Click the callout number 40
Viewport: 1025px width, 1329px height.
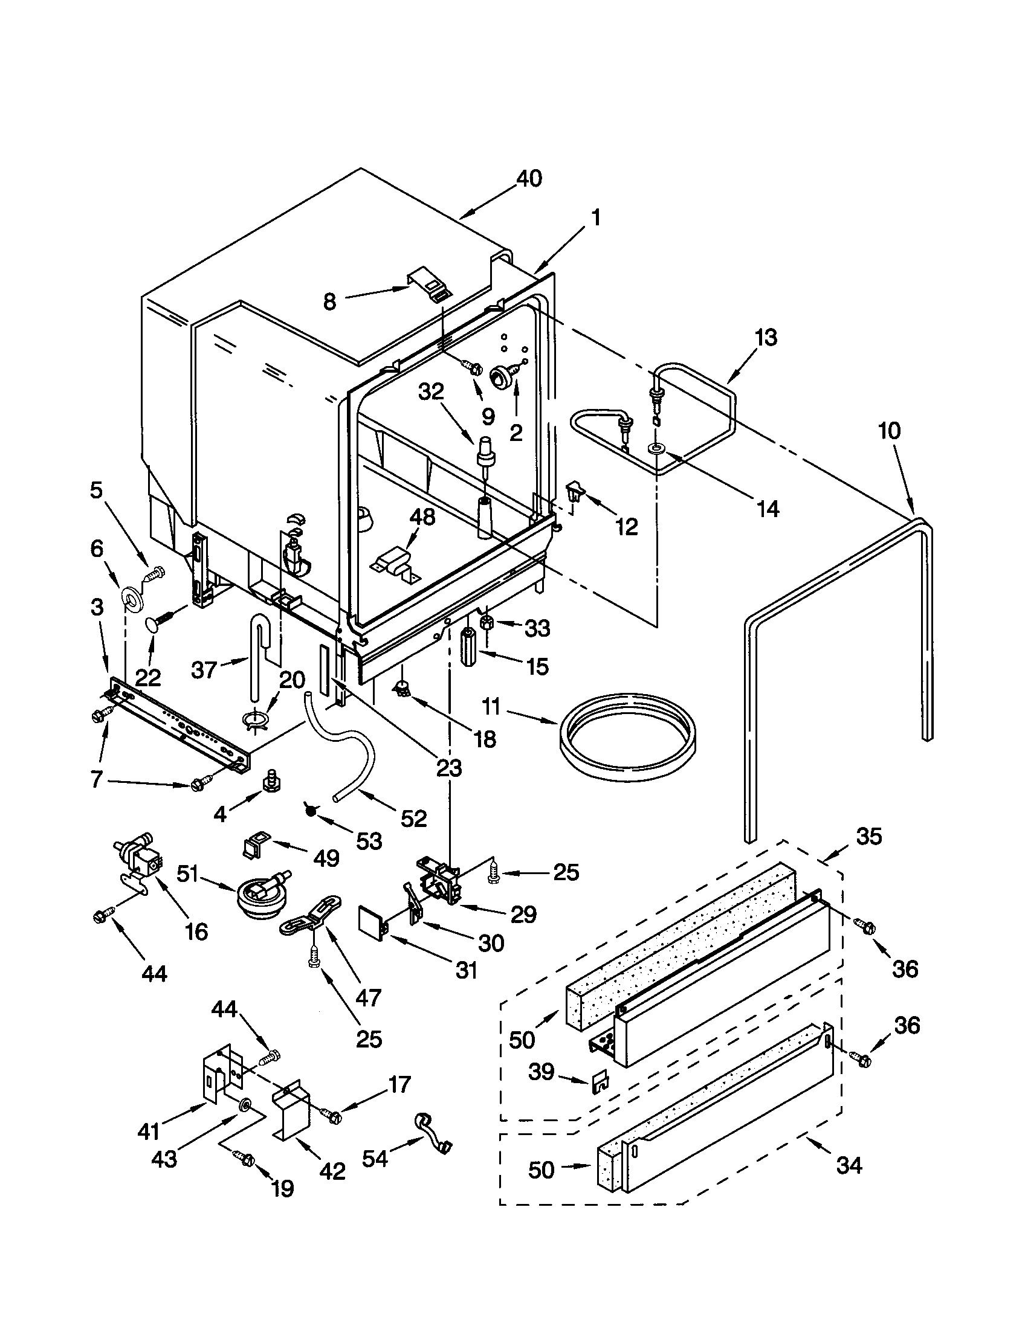click(528, 179)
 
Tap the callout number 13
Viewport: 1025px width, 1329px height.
click(766, 337)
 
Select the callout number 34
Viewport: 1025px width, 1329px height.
click(849, 1166)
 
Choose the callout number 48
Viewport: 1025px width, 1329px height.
click(422, 517)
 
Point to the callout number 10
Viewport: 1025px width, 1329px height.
click(888, 431)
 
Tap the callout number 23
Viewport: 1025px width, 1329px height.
click(448, 768)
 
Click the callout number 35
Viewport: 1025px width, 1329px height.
click(868, 837)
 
